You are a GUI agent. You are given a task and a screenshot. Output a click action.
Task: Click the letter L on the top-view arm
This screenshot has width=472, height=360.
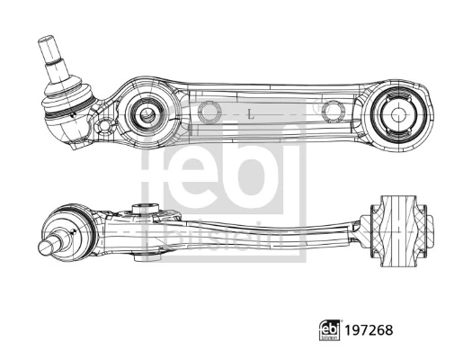coord(249,114)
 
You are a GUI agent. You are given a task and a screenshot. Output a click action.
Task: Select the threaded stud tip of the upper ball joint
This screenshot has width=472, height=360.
coord(48,46)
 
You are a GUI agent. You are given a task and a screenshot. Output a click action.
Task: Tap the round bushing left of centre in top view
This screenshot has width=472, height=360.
coord(143,113)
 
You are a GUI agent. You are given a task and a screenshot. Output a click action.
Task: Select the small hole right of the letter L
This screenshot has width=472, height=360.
coord(333,112)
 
